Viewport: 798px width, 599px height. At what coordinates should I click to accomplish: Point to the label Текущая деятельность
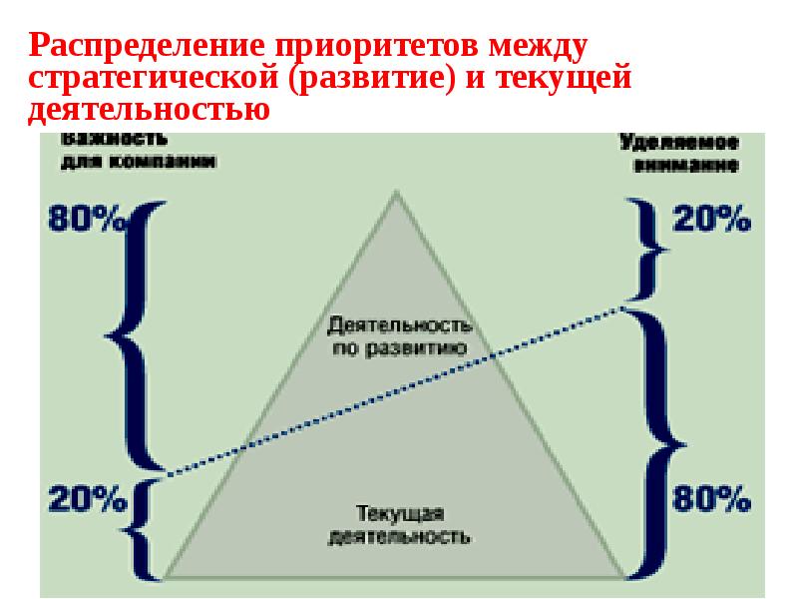[x=398, y=524]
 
